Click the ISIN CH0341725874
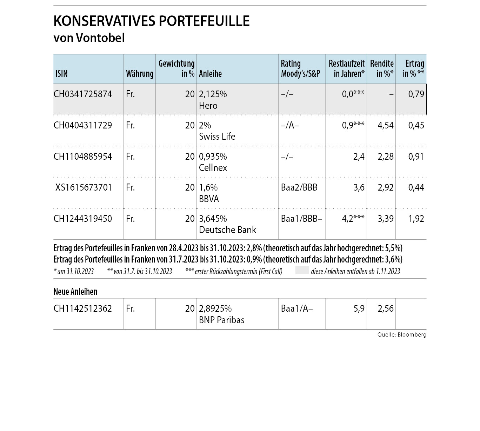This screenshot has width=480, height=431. [x=83, y=94]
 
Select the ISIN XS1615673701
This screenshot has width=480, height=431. [x=83, y=187]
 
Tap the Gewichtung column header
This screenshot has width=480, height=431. [x=176, y=68]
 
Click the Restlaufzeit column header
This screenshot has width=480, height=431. [x=346, y=68]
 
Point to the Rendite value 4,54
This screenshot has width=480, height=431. [x=386, y=125]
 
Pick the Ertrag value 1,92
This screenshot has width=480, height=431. [x=416, y=219]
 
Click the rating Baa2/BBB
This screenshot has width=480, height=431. [x=299, y=187]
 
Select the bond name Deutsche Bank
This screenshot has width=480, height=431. [x=227, y=230]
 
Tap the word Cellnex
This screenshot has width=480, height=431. [x=213, y=168]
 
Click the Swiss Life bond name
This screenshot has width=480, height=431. [x=217, y=137]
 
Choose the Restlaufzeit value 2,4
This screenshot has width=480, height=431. [x=359, y=157]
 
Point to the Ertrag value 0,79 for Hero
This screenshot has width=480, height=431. [x=416, y=94]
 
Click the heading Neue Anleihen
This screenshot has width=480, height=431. [x=75, y=291]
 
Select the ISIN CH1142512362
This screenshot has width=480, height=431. [x=83, y=309]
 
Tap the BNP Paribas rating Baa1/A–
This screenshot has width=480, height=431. [x=297, y=309]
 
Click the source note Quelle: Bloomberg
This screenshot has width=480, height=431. [x=402, y=334]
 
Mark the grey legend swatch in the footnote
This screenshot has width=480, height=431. [x=302, y=270]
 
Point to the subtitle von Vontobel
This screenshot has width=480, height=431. [x=89, y=38]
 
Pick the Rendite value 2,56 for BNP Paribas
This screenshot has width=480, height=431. [x=386, y=309]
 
